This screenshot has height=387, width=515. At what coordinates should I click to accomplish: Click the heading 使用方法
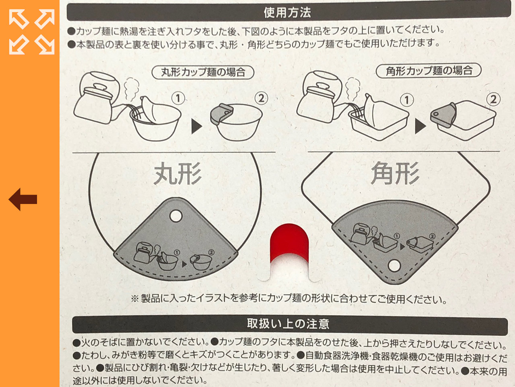point(287,12)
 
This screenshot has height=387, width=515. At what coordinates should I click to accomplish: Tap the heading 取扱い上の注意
point(288,324)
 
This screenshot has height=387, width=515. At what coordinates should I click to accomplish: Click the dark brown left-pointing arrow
point(23,199)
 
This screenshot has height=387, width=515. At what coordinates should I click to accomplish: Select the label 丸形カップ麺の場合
point(203,73)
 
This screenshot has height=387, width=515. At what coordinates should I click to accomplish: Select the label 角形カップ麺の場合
point(429,71)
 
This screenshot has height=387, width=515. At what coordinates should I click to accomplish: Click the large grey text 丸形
point(177,173)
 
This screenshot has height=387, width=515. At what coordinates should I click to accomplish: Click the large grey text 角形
point(395,173)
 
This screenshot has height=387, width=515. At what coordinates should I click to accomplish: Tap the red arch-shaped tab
point(289,242)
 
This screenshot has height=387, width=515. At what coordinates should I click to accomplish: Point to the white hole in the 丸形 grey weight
point(176,216)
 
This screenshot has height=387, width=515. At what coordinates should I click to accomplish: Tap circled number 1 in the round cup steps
point(178,98)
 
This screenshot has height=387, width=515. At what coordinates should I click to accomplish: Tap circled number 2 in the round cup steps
point(261,98)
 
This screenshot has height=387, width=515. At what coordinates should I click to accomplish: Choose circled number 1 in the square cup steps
point(407,100)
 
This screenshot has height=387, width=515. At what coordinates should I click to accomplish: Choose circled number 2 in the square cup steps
point(493,100)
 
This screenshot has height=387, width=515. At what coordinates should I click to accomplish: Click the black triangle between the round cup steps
point(197,127)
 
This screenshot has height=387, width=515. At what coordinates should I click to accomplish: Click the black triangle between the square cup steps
point(420,126)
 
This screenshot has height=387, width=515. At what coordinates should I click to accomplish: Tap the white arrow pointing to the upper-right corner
point(45,19)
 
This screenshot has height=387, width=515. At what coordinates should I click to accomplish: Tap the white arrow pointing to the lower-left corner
point(19,44)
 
